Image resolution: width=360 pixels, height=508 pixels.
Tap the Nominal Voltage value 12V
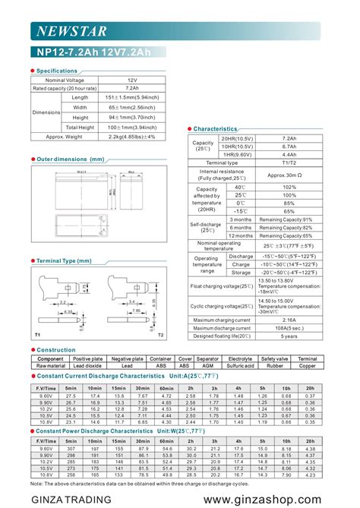click(x=133, y=79)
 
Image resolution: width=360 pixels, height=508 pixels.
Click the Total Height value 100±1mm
click(x=133, y=127)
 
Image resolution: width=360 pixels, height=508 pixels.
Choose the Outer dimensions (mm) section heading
click(x=70, y=159)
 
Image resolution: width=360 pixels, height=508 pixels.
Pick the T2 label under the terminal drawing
click(x=160, y=334)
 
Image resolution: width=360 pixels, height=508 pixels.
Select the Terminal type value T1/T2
click(x=289, y=162)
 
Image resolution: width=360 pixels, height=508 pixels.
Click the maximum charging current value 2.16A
click(x=289, y=320)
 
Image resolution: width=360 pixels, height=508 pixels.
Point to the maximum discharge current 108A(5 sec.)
click(x=289, y=328)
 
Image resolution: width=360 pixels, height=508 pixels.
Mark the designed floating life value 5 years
click(x=289, y=336)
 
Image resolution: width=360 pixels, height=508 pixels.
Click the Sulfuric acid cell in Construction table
click(x=240, y=365)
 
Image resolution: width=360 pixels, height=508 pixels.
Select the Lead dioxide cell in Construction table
click(x=87, y=365)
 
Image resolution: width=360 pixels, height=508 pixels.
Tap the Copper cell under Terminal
click(x=308, y=365)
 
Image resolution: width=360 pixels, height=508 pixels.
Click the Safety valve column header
click(x=274, y=358)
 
